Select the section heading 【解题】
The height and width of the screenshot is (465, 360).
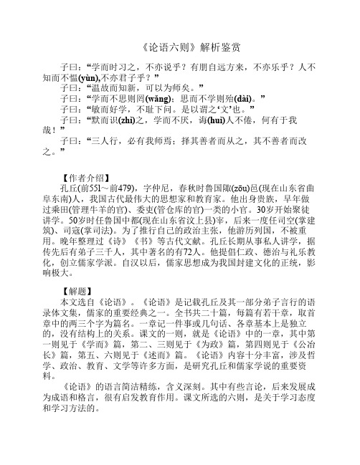click(x=80, y=314)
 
